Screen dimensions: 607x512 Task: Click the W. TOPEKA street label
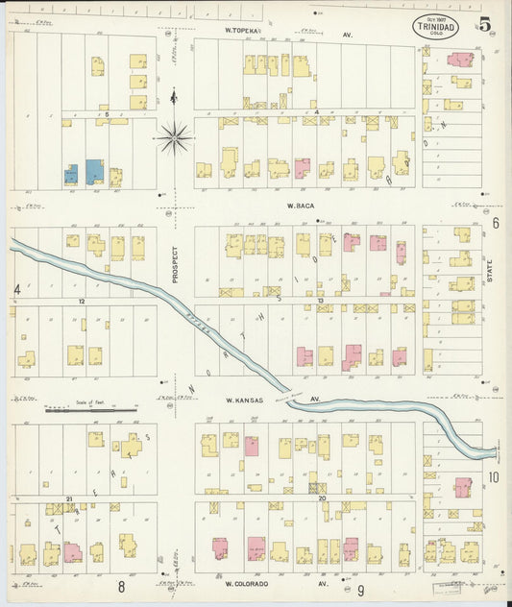243,31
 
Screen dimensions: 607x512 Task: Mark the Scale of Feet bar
92,410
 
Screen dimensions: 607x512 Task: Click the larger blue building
95,172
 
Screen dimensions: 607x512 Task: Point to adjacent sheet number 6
496,223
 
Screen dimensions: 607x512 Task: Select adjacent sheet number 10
494,476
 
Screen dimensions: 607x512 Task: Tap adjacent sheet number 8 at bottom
122,586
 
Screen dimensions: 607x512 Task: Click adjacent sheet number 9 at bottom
360,589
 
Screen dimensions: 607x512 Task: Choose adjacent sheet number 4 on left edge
16,289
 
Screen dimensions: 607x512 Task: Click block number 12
83,301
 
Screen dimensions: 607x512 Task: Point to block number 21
69,498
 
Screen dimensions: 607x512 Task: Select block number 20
323,498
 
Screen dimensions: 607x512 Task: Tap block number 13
319,301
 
